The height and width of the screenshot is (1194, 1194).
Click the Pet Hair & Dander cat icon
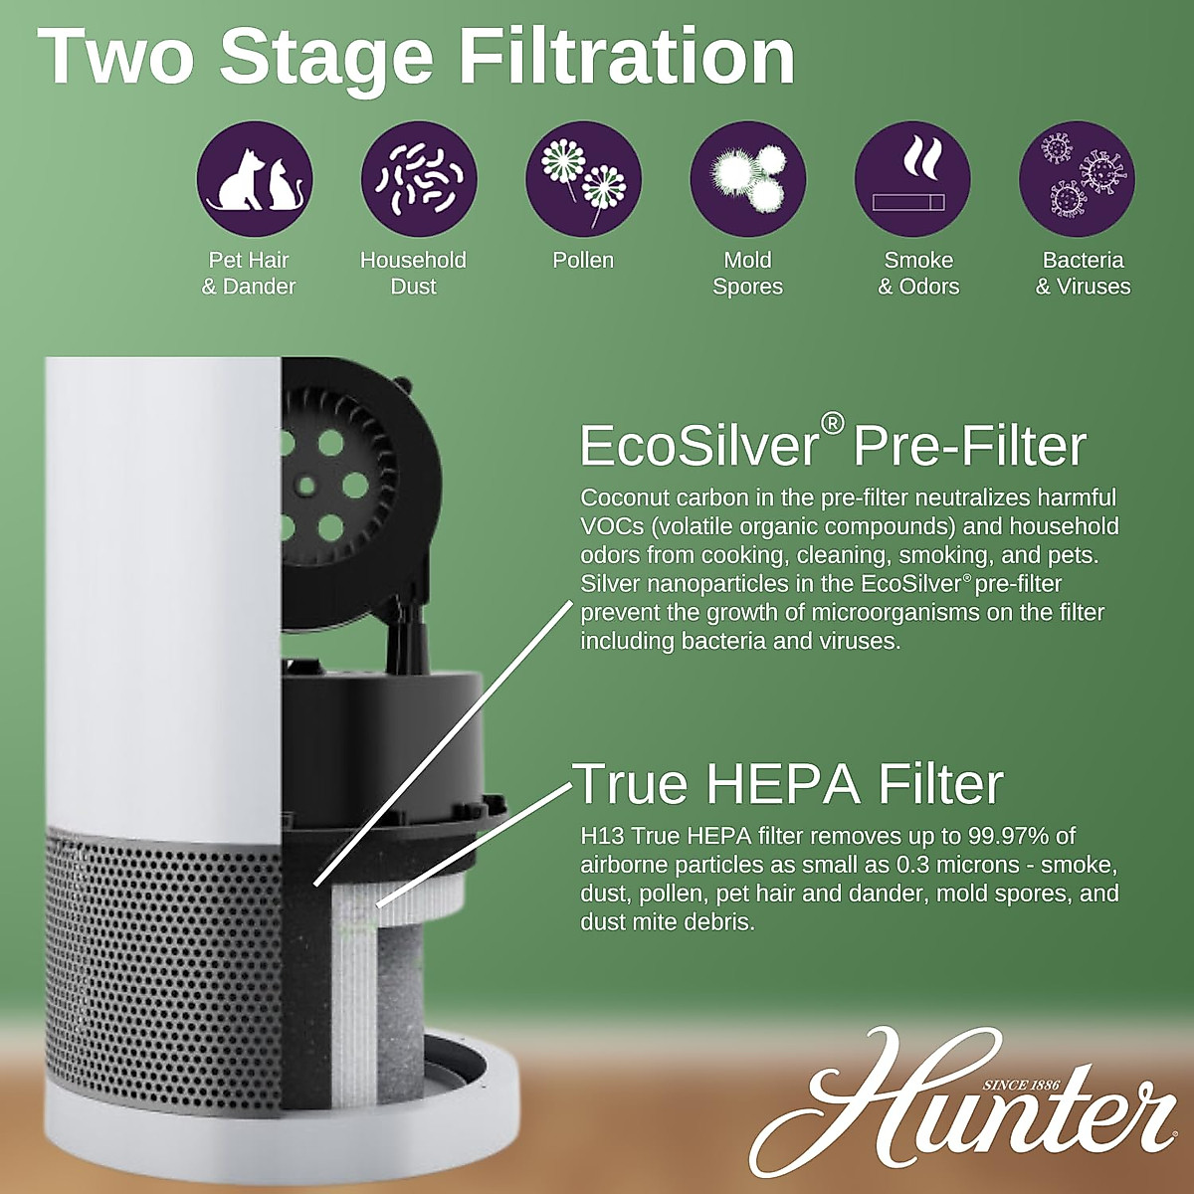[255, 179]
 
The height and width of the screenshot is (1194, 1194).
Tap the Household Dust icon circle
[419, 179]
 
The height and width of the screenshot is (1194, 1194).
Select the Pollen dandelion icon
[583, 179]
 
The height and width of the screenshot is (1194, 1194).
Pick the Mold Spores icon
[747, 179]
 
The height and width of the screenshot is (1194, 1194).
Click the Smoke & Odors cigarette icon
[912, 179]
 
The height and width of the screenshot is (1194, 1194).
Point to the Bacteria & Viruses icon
[1078, 179]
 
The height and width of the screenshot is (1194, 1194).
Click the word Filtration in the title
[626, 57]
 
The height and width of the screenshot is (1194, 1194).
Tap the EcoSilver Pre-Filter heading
[832, 445]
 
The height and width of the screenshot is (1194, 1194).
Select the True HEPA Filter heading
[788, 784]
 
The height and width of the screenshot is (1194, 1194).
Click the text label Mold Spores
[747, 274]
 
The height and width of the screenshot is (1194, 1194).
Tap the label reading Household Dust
[413, 274]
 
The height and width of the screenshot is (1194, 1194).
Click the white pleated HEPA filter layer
[353, 995]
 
